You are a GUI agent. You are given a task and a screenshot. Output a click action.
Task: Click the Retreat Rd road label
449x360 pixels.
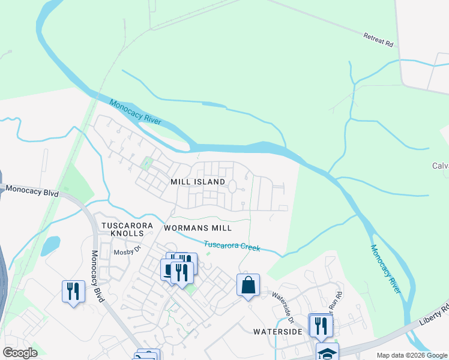378,40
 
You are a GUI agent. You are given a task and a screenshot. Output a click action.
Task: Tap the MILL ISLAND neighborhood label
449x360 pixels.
197,182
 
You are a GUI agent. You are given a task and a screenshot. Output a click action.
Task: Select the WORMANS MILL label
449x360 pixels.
197,228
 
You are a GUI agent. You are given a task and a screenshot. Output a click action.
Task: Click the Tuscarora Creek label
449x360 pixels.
232,245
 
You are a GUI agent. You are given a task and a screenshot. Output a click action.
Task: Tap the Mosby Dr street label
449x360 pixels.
127,252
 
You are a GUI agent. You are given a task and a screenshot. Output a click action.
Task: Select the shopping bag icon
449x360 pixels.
248,286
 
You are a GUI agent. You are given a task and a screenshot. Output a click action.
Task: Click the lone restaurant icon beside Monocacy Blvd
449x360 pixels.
73,292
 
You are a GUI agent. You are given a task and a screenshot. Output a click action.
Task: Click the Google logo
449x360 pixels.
20,353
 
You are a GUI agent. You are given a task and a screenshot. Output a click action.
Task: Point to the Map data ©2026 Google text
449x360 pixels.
412,355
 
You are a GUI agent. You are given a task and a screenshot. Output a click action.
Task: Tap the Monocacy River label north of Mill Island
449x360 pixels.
136,112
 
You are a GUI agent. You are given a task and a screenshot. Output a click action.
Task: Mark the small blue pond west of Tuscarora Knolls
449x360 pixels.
50,245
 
